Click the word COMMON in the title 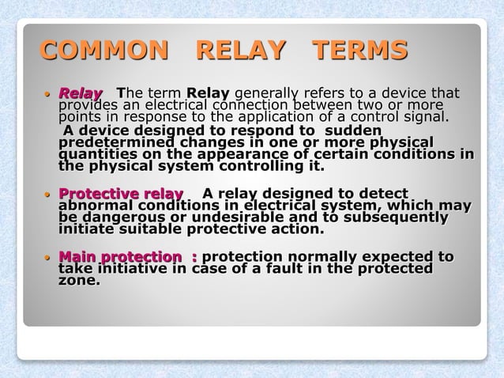tap(104, 51)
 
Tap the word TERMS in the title tap(360, 51)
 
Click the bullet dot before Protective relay tap(49, 195)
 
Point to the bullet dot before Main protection tap(49, 258)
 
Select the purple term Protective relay tap(121, 194)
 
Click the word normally tap(314, 257)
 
